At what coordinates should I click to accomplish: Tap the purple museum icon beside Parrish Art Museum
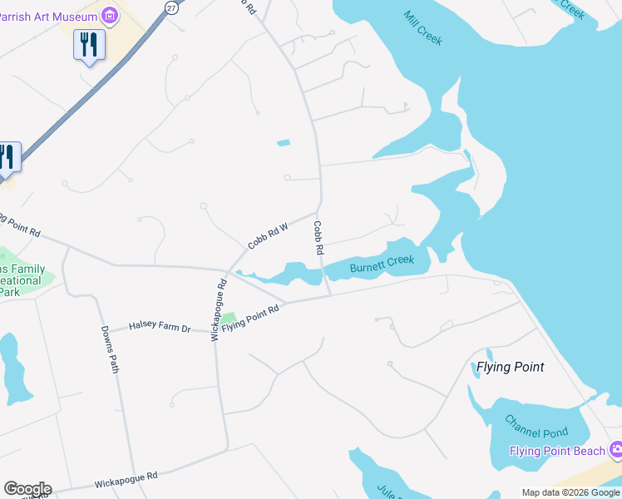pos(110,14)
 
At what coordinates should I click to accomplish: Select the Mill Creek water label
pos(423,27)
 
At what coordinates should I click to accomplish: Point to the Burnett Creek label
pos(382,264)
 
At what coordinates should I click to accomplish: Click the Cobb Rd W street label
pos(267,235)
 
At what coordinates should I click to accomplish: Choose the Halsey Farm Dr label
pos(160,329)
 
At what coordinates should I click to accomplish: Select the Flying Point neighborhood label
pos(510,367)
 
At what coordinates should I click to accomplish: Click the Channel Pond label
pos(541,432)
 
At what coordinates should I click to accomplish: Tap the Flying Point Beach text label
pos(557,451)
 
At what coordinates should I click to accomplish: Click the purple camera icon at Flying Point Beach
pos(616,450)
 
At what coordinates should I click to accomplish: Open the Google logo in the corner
pos(27,489)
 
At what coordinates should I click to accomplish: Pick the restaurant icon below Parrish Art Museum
pos(89,44)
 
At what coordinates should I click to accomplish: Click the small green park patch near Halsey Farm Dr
pos(228,319)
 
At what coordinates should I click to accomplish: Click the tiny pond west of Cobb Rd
pos(284,143)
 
